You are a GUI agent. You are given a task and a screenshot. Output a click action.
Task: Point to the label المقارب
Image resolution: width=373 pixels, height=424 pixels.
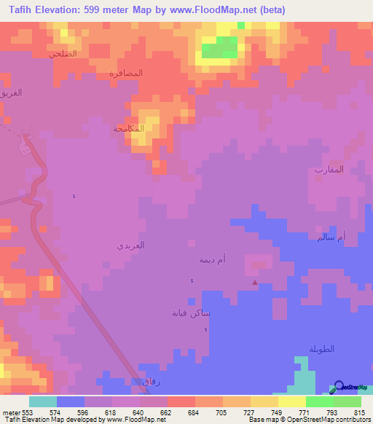tap(329, 169)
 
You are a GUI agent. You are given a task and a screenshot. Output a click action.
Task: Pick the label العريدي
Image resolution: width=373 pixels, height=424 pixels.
tap(131, 246)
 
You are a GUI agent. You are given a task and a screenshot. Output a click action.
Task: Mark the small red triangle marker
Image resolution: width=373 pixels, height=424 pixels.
tap(254, 283)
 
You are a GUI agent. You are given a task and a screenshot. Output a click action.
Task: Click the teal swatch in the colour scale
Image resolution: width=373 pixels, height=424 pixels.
tap(42, 401)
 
